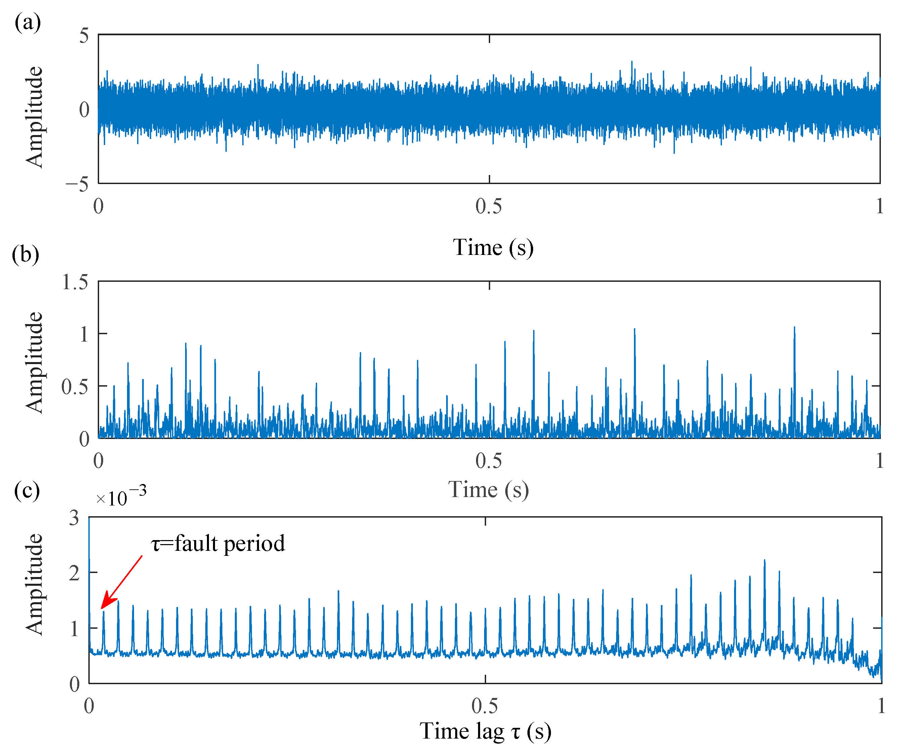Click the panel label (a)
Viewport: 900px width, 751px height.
pos(28,22)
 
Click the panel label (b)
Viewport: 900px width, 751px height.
pos(25,255)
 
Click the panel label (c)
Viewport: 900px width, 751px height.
pos(27,490)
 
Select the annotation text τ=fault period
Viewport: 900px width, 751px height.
pos(218,544)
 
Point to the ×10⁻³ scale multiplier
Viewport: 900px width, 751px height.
pos(121,497)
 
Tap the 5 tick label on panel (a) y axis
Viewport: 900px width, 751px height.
pos(84,36)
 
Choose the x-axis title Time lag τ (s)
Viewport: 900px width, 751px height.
pos(485,731)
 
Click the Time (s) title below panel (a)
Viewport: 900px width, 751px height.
pos(493,248)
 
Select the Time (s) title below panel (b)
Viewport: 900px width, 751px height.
pos(488,489)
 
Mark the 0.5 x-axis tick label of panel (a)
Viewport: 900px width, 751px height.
pos(488,207)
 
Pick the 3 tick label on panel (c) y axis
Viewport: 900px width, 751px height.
pos(74,518)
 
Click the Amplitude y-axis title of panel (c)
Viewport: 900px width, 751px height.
pos(34,584)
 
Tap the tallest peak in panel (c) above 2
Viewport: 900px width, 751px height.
pos(765,561)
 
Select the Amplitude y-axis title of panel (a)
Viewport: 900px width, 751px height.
pos(34,117)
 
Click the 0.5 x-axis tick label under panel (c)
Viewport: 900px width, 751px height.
pos(485,706)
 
